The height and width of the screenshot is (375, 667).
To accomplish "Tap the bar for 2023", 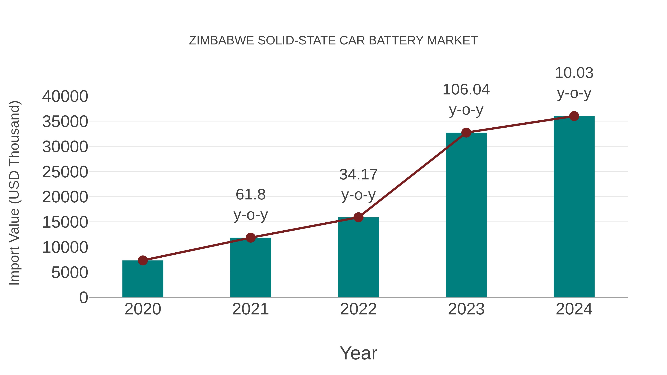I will [466, 215].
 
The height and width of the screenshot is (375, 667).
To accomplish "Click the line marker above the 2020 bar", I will [143, 260].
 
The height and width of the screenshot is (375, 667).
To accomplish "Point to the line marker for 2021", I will [250, 238].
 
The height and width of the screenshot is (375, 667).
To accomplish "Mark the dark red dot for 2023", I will [466, 133].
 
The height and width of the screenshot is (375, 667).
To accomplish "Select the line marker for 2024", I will [574, 116].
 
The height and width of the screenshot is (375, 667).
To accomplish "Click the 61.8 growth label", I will [250, 195].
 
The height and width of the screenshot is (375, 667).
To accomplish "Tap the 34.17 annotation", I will [358, 174].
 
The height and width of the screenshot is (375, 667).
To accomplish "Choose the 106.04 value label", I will [466, 90].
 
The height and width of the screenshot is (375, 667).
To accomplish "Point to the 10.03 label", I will [574, 73].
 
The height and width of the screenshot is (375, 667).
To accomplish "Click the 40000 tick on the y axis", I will [65, 96].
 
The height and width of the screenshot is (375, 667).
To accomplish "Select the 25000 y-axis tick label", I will [65, 172].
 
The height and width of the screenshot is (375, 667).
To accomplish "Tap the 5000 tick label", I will [70, 273].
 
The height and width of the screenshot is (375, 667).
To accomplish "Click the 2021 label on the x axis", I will [250, 309].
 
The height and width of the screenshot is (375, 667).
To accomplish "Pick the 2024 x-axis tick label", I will [574, 309].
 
